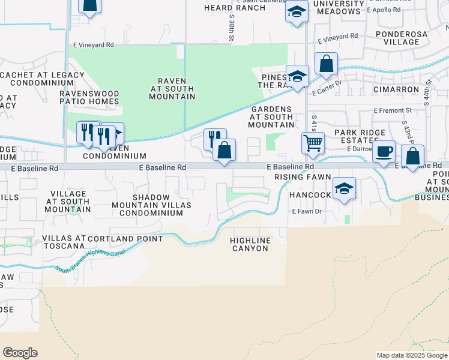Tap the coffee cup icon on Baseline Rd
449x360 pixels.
tap(384, 152)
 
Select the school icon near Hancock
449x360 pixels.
tap(344, 189)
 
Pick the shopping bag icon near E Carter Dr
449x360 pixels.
tap(326, 64)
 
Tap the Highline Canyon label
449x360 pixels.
tap(250, 244)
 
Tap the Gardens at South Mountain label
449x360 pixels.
tap(271, 116)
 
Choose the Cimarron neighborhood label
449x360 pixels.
tap(395, 89)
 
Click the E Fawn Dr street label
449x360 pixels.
tap(307, 211)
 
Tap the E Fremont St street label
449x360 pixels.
tap(393, 110)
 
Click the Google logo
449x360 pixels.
tap(20, 353)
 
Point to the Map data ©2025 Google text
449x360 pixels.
tap(411, 355)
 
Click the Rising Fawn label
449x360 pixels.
tap(303, 177)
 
